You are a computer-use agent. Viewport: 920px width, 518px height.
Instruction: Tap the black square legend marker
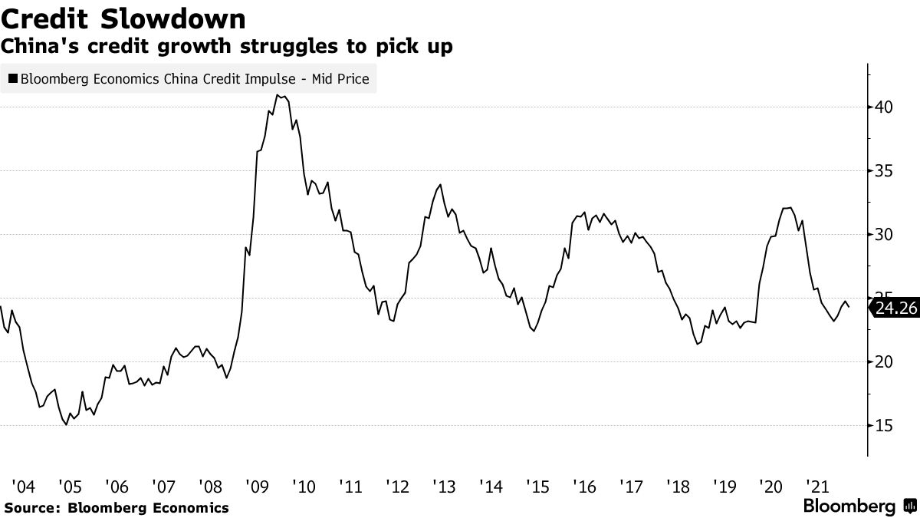pyautogui.click(x=12, y=78)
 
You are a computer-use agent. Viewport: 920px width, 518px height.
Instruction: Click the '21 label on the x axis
pyautogui.click(x=819, y=486)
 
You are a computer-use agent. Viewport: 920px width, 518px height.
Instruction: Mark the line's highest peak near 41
pyautogui.click(x=277, y=95)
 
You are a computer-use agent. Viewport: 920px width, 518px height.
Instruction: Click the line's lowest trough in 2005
pyautogui.click(x=67, y=424)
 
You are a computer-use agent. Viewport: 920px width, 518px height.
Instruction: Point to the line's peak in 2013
pyautogui.click(x=440, y=184)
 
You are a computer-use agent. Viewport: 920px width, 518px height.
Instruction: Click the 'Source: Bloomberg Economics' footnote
pyautogui.click(x=117, y=507)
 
